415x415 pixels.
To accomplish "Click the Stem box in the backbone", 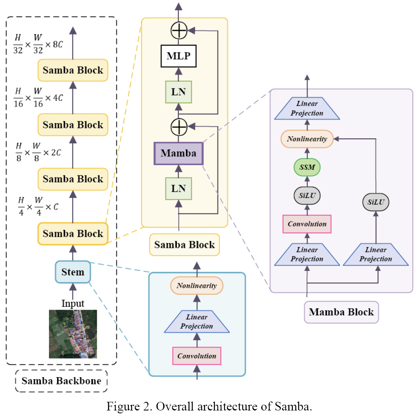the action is coord(73,272).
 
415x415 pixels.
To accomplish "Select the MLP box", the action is coord(179,56).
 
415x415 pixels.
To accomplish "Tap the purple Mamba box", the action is coord(179,154).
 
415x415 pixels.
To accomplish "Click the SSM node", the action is coord(307,167).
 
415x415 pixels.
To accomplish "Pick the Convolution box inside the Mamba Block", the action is coord(307,224).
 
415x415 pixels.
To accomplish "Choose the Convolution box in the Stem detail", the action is coord(197,356).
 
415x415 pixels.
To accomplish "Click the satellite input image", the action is coord(73,334).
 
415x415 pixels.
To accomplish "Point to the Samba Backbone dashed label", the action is coord(61,381).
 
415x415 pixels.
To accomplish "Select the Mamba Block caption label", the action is coord(341,312).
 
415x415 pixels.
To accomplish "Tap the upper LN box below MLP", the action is coord(179,92).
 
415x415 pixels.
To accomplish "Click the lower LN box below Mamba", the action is coord(179,189).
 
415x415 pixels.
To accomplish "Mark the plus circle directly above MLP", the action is coord(179,30).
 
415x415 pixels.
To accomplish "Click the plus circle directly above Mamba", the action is coord(179,127).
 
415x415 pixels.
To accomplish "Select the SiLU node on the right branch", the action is coord(376,202).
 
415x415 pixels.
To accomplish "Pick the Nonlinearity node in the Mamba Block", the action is coord(307,139).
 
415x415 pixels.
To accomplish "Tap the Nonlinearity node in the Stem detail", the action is coord(197,286).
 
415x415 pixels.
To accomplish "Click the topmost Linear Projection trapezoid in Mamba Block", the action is coord(307,108).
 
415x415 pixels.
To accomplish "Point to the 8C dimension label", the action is coord(58,44).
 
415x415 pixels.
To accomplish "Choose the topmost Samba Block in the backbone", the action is coord(73,70).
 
